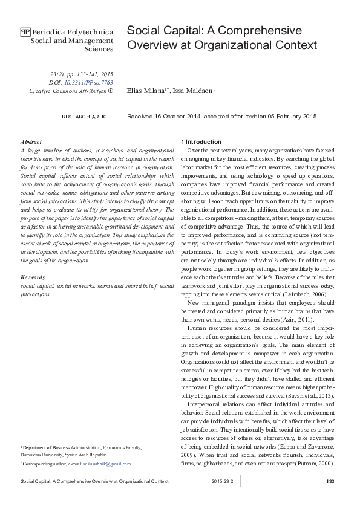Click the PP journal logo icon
(25, 31)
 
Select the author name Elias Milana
(146, 91)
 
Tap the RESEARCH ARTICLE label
(87, 116)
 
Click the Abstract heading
(31, 141)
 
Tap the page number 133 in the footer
(330, 481)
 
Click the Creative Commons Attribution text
(67, 91)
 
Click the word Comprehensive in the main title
(261, 31)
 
